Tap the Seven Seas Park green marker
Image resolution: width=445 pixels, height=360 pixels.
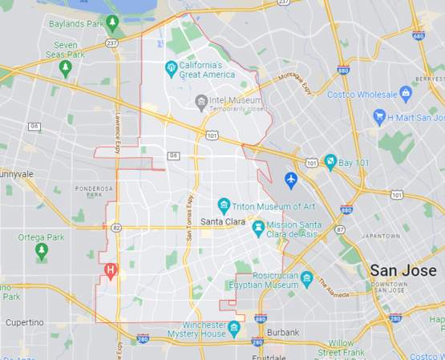pyautogui.click(x=65, y=68)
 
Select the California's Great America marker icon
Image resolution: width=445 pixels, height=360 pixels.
pyautogui.click(x=170, y=67)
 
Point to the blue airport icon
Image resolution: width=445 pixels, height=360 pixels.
pyautogui.click(x=291, y=177)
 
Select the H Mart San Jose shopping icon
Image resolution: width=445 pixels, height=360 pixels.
pyautogui.click(x=380, y=118)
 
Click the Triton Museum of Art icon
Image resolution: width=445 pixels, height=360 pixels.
pyautogui.click(x=225, y=205)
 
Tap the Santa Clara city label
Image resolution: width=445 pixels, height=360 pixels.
pyautogui.click(x=222, y=221)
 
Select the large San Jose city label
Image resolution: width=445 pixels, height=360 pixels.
pyautogui.click(x=403, y=270)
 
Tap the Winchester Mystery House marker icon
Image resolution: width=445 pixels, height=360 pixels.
pyautogui.click(x=233, y=329)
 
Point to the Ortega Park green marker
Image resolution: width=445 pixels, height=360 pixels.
pyautogui.click(x=41, y=252)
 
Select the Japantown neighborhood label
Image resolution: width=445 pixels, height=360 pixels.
pyautogui.click(x=380, y=237)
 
